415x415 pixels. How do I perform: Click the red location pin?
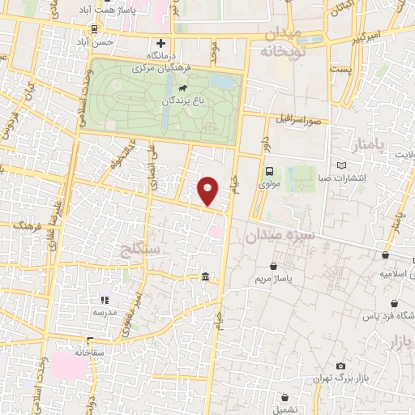(208, 191)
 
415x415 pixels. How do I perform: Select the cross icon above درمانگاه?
(160, 43)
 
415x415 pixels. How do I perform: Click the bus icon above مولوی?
(268, 171)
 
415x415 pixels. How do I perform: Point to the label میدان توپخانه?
(280, 43)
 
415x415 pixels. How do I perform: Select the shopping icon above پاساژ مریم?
(275, 266)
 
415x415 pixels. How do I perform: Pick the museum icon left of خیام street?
(203, 277)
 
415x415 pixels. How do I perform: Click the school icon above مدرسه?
(104, 299)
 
